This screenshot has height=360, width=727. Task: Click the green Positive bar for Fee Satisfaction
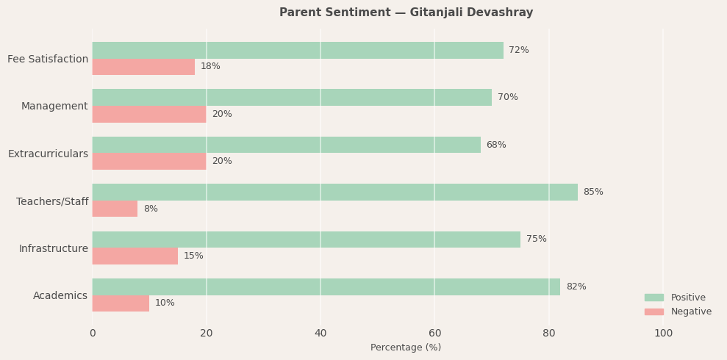click(x=298, y=51)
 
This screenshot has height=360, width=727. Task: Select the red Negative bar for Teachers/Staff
click(x=115, y=209)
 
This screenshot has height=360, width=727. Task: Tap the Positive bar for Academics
click(x=326, y=287)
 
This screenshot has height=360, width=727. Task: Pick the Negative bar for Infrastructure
click(x=135, y=256)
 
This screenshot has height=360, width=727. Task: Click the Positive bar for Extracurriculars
click(x=286, y=145)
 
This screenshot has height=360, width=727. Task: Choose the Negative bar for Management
click(x=149, y=114)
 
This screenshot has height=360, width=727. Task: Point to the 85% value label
click(x=592, y=192)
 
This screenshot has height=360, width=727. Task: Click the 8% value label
click(x=150, y=209)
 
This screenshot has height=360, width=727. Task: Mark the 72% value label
click(x=518, y=51)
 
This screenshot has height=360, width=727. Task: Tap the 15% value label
click(x=193, y=256)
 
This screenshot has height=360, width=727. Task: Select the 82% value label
click(x=576, y=287)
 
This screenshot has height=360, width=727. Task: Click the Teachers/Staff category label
click(x=52, y=201)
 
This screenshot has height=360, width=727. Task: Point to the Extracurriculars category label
click(x=48, y=154)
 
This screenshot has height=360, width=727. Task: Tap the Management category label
click(x=54, y=107)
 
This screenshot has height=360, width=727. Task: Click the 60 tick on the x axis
click(x=434, y=334)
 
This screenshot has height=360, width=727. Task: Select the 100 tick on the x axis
click(x=663, y=334)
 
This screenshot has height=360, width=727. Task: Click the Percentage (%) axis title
click(x=406, y=348)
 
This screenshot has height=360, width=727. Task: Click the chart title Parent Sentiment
click(x=406, y=12)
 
